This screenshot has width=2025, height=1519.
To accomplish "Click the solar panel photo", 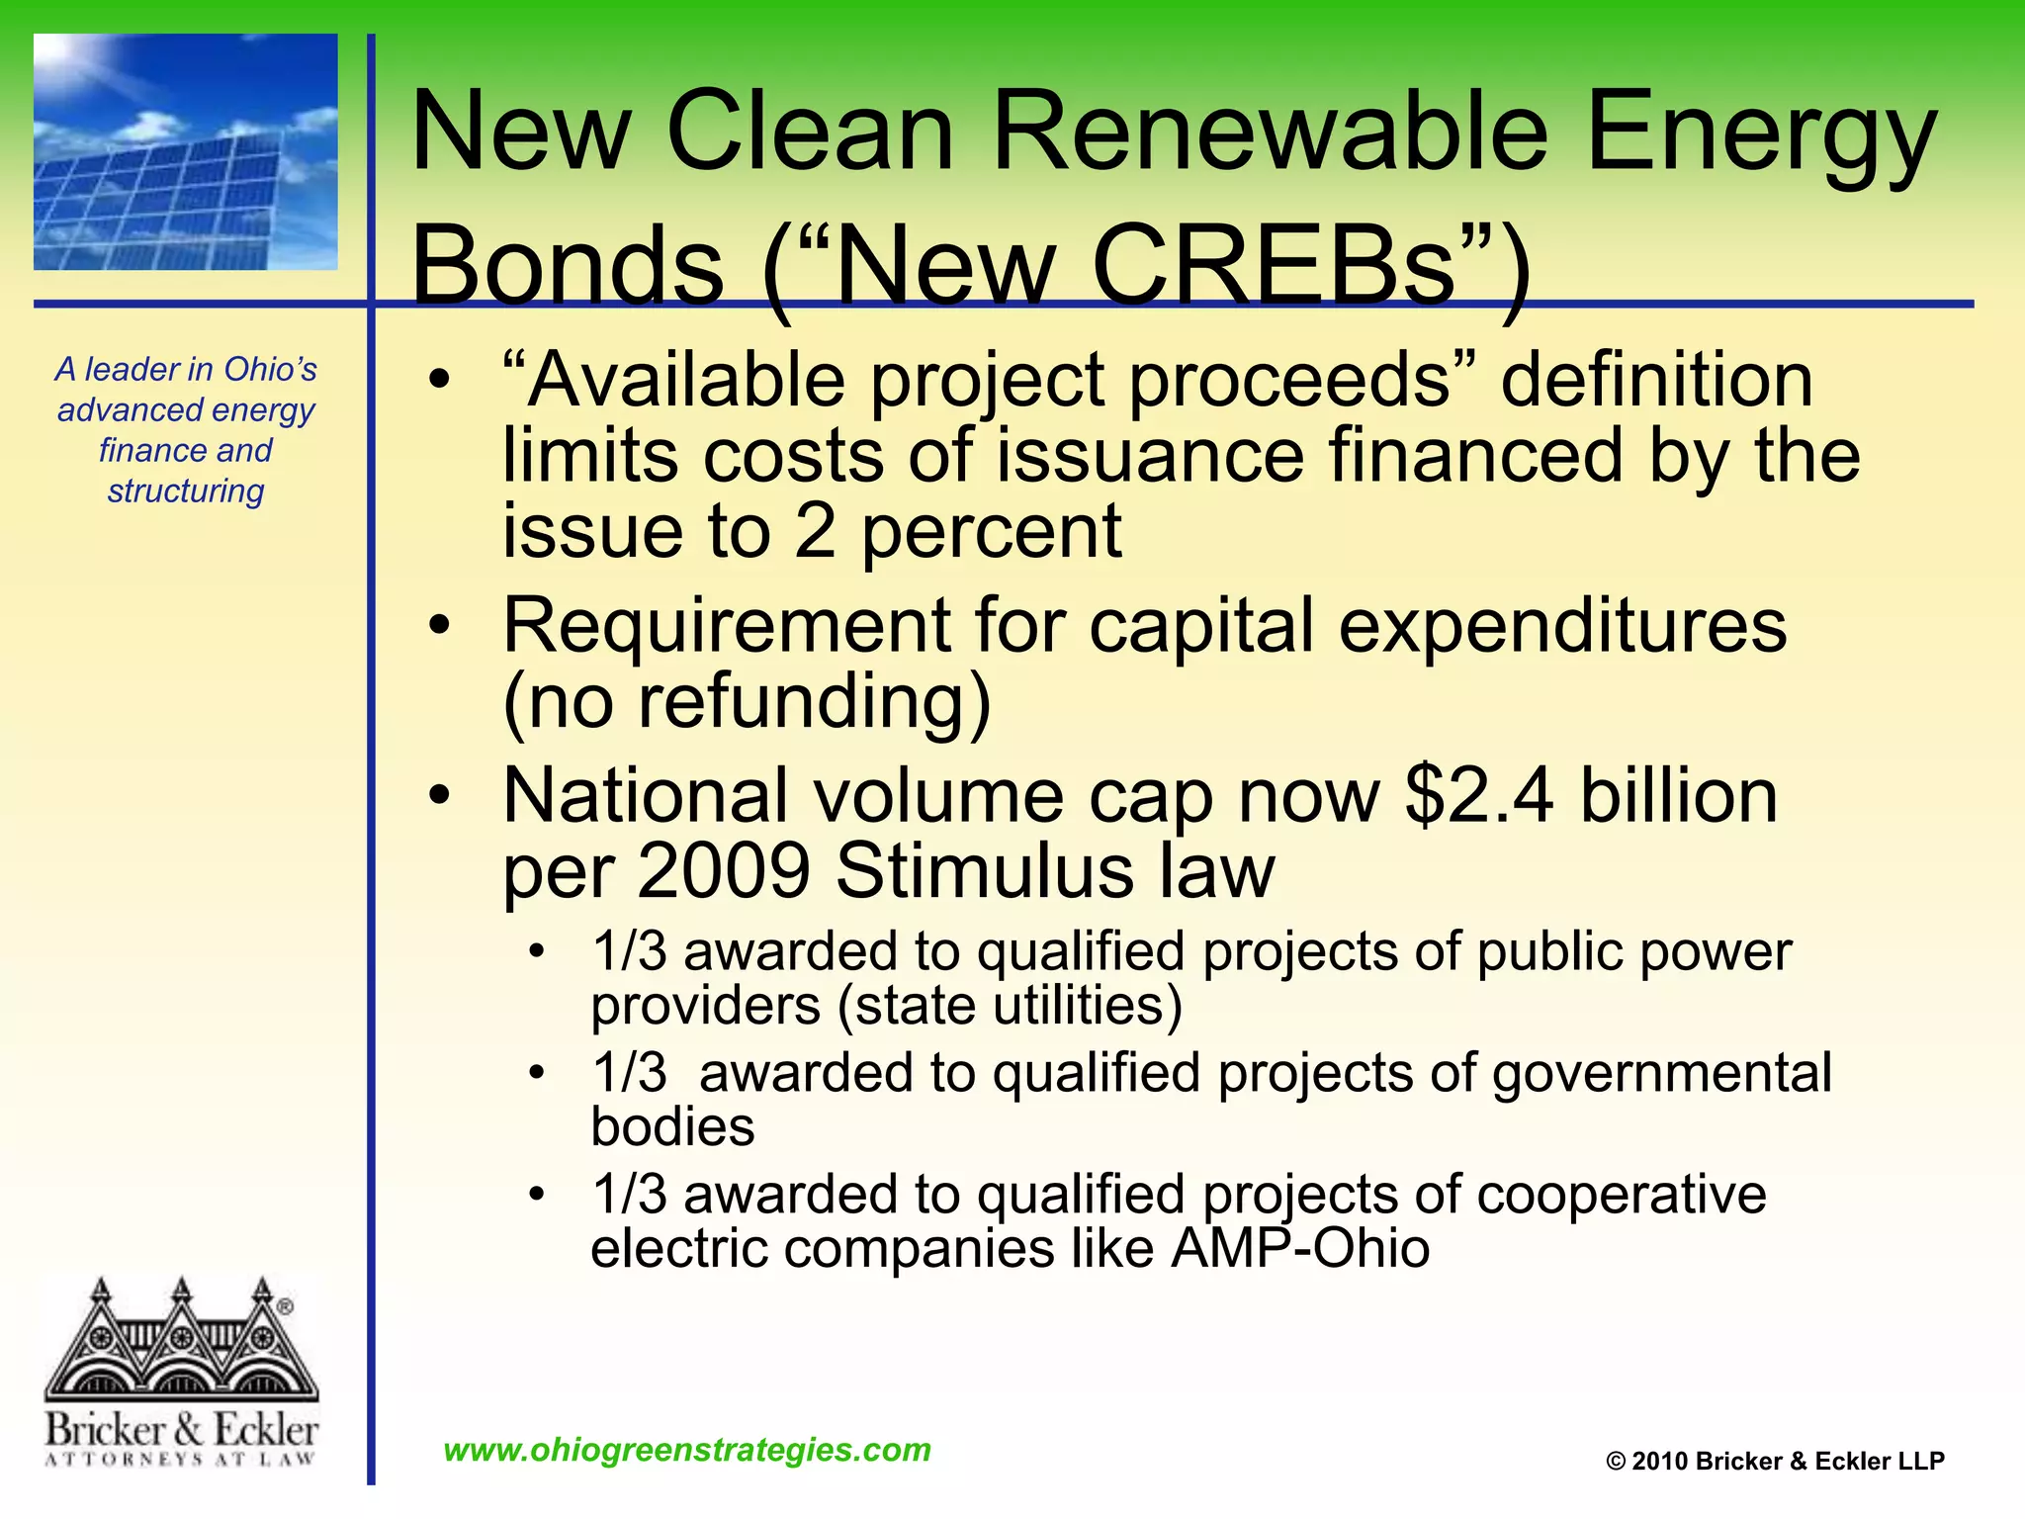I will click(186, 151).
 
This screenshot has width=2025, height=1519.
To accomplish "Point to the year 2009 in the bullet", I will click(724, 871).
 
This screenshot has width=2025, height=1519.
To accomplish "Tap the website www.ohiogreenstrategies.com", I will click(687, 1450).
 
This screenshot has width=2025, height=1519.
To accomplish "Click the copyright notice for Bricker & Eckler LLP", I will click(1775, 1462).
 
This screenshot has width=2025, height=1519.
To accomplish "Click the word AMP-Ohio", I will click(1300, 1248).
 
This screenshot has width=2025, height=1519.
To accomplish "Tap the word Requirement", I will click(726, 627).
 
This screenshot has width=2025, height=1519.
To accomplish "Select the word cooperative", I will click(1621, 1195).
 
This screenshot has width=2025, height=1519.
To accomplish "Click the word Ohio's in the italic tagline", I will click(270, 369).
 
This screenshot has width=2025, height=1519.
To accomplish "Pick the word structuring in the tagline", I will click(186, 491).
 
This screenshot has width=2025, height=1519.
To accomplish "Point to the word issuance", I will click(1150, 456).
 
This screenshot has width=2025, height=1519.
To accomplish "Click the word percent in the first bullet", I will click(992, 532).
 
